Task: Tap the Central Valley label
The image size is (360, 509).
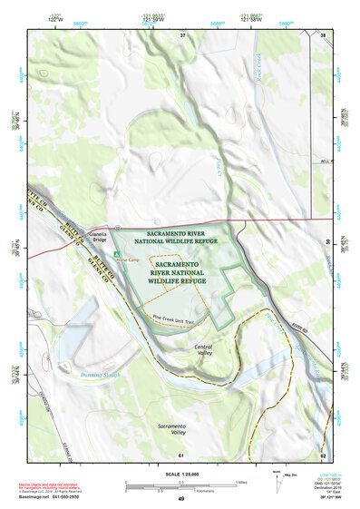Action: click(x=203, y=349)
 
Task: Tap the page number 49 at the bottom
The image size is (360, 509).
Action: click(x=180, y=499)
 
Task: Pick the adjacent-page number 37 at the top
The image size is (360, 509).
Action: click(x=181, y=34)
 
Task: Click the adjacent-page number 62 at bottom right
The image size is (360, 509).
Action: click(x=323, y=455)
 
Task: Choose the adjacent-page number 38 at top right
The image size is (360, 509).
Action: click(x=323, y=34)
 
